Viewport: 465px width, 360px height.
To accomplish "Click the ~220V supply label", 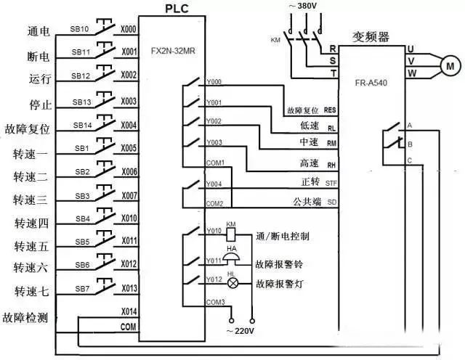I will [x=241, y=332].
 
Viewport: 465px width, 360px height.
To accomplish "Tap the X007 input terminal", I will [x=128, y=196].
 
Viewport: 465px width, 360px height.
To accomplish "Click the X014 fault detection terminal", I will [x=128, y=311].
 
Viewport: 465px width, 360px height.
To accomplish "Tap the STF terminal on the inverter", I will [x=331, y=183].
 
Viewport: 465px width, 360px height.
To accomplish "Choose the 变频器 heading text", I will [x=372, y=36].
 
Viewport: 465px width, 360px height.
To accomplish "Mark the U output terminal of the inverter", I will [x=411, y=49].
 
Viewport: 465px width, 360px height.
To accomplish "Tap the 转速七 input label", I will [x=31, y=291].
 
